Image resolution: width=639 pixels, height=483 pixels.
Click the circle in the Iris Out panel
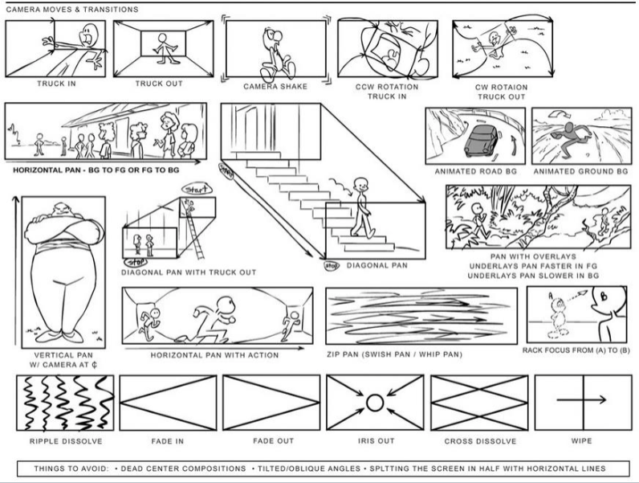(373, 402)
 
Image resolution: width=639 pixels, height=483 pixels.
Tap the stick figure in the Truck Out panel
(168, 46)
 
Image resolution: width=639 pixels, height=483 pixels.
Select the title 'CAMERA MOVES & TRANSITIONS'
(71, 10)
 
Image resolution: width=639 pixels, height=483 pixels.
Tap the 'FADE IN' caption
(166, 442)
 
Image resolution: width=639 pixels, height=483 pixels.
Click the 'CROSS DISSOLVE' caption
(477, 442)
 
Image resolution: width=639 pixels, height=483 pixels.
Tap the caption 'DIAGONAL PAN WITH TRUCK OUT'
(189, 272)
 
